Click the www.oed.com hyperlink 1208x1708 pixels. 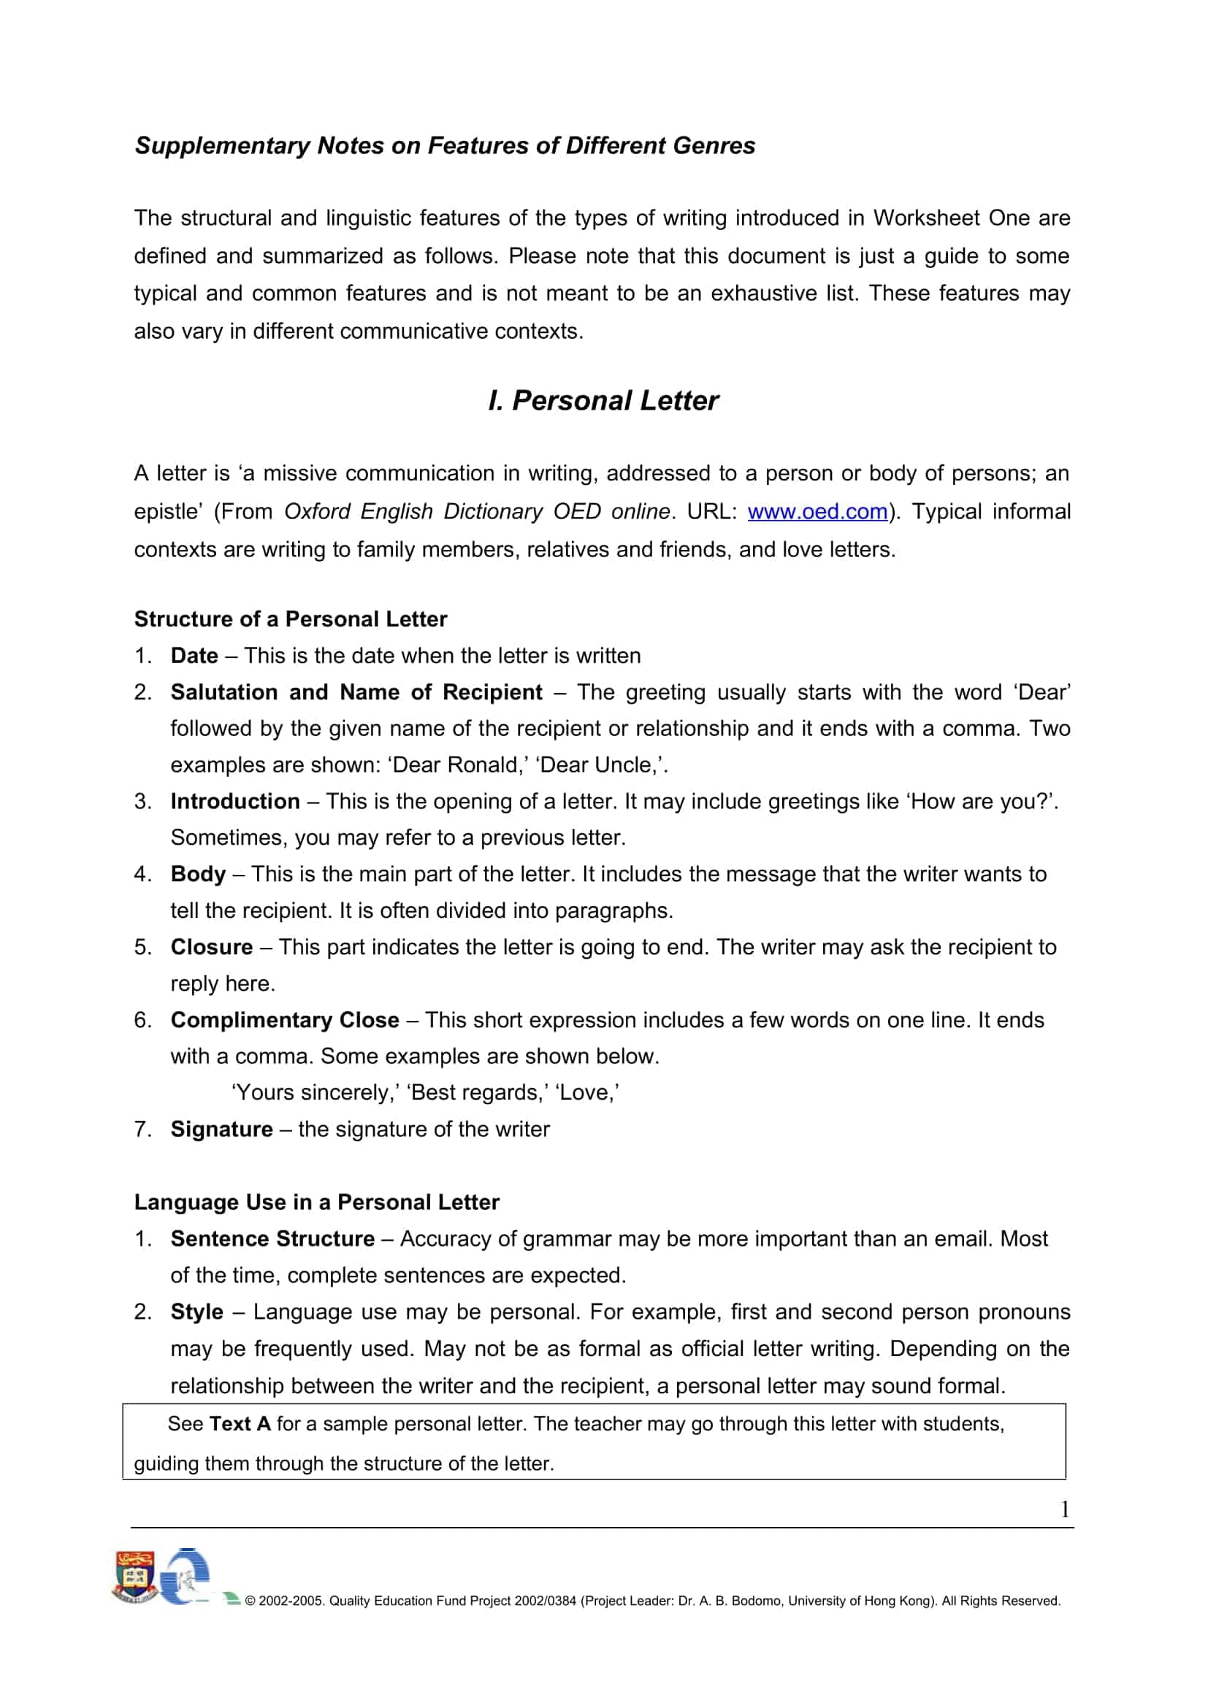(x=817, y=512)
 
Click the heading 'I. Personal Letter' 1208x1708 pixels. (x=603, y=401)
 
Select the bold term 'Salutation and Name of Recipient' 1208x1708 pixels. (x=356, y=692)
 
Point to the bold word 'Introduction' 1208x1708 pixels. (x=235, y=801)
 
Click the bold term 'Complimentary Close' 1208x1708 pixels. (x=285, y=1020)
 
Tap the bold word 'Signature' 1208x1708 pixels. (x=222, y=1129)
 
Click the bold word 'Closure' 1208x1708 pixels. (x=212, y=947)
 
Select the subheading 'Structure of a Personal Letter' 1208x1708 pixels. (x=291, y=619)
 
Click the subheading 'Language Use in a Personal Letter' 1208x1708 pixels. (x=317, y=1202)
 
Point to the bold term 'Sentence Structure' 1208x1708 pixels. (x=272, y=1238)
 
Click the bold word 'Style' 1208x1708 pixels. (x=197, y=1311)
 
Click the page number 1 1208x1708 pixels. (x=1064, y=1509)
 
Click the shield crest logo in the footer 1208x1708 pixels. (x=134, y=1577)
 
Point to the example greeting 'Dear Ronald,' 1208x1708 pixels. (x=459, y=765)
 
